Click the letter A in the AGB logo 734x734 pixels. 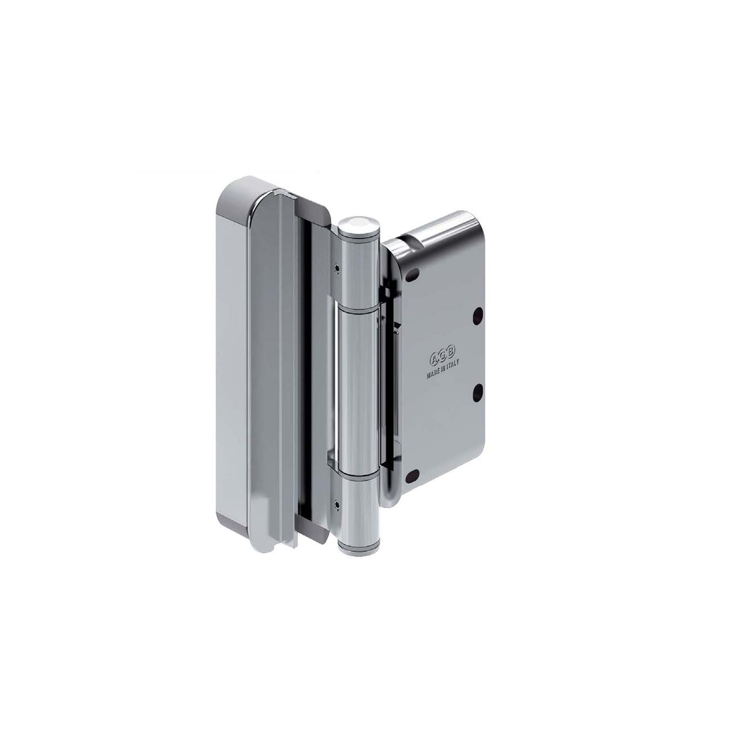[435, 358]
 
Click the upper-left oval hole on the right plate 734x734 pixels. [412, 273]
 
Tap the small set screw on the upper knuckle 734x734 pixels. [336, 268]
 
